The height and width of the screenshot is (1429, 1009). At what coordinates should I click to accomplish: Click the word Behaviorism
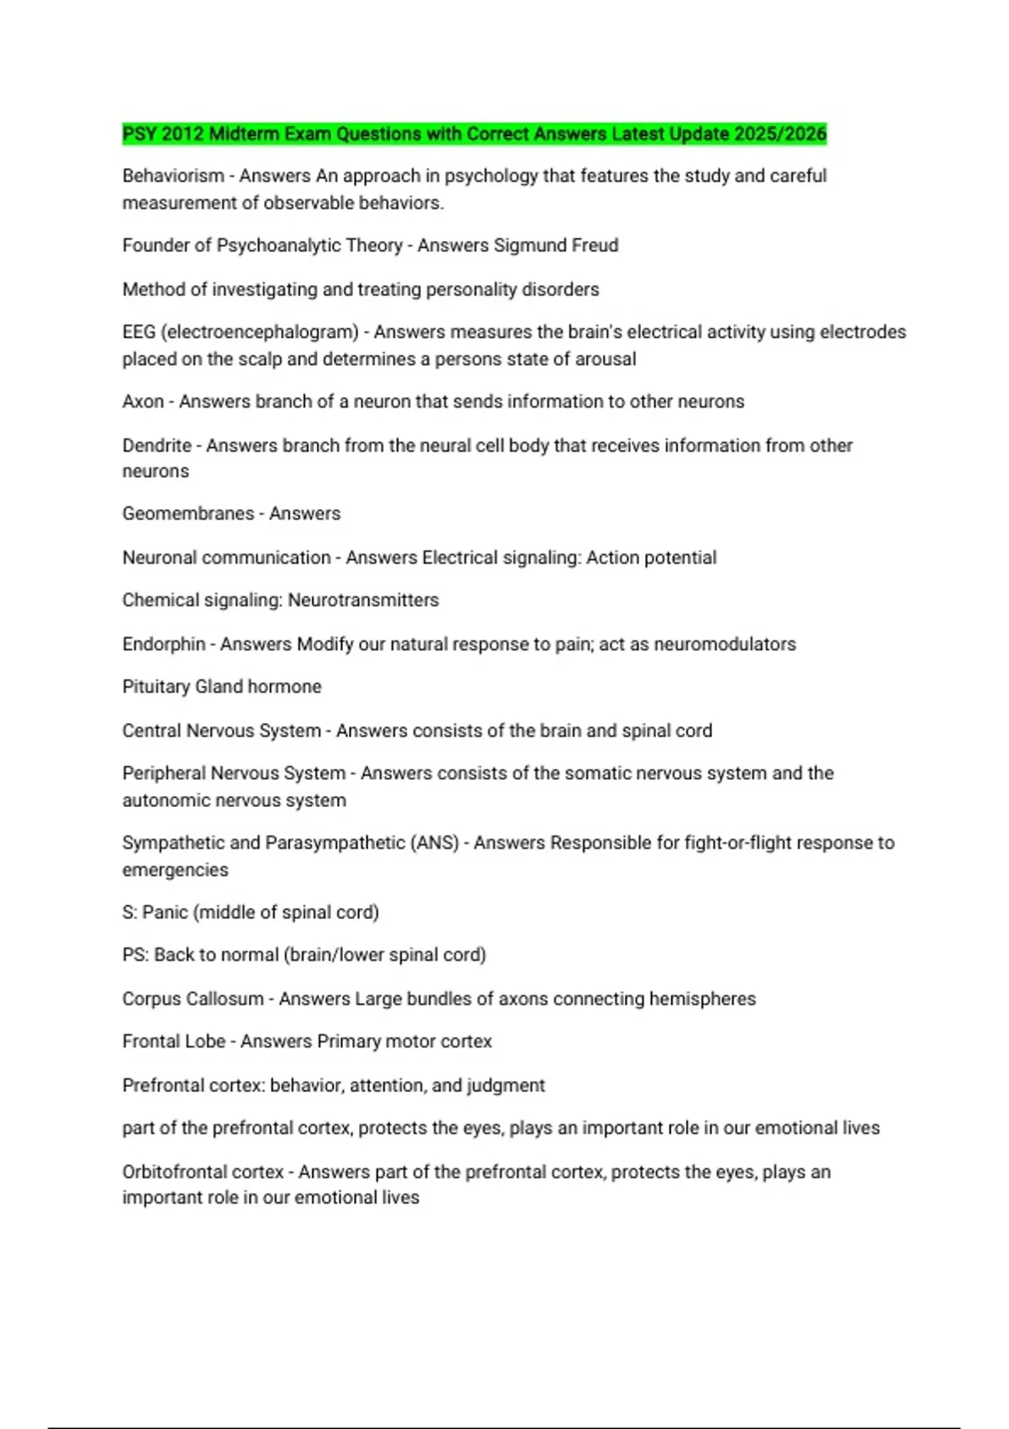[x=173, y=177]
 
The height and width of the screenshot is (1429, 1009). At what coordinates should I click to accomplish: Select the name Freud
[x=595, y=245]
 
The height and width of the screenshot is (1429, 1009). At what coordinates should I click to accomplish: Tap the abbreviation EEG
[x=139, y=332]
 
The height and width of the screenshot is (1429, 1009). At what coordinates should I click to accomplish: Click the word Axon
[x=143, y=402]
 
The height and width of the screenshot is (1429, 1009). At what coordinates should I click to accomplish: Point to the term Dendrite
[x=156, y=446]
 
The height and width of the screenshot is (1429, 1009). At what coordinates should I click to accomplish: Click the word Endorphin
[x=164, y=645]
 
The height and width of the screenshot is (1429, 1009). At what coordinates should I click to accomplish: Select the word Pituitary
[x=156, y=687]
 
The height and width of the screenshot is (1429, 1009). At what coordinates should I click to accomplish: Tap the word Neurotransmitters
[x=363, y=600]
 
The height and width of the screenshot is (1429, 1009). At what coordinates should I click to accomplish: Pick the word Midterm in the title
[x=244, y=134]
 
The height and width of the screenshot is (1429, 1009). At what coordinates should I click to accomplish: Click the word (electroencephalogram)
[x=260, y=332]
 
